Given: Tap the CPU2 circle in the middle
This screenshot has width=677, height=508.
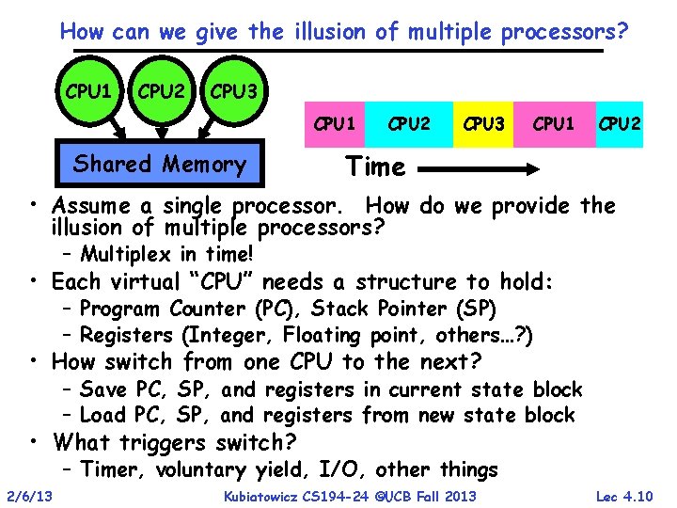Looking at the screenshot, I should (161, 94).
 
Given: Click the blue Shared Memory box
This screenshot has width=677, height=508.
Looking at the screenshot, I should (159, 165).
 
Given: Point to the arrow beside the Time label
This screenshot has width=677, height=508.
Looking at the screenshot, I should (480, 170).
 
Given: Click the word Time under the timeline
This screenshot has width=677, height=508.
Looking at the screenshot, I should (375, 167).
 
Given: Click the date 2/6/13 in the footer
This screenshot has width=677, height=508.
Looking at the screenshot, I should (29, 496).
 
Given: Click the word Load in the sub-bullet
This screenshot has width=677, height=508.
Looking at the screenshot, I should (102, 415).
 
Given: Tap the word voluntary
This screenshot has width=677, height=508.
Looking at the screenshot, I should (203, 470).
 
